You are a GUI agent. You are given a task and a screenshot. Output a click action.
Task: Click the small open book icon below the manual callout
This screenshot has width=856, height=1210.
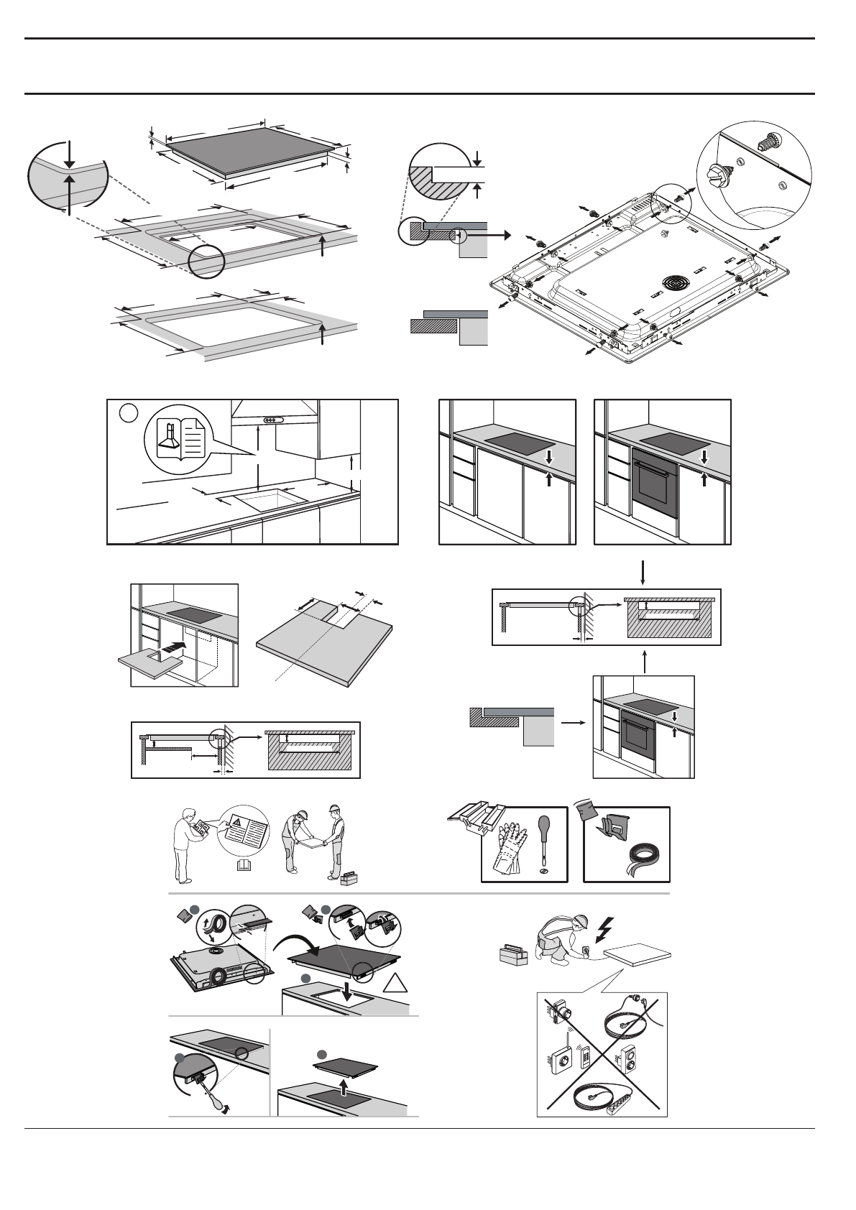click(245, 867)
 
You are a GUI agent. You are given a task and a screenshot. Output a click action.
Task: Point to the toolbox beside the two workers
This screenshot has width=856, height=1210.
click(350, 879)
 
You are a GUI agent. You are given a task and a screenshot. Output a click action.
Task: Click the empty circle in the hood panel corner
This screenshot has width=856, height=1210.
click(127, 413)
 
